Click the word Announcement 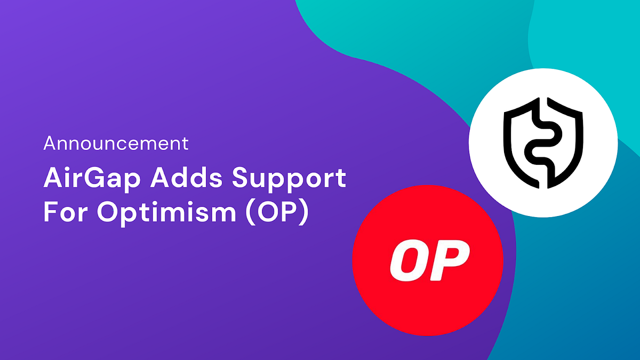tap(116, 143)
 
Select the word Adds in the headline tap(170, 179)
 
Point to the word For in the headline tap(63, 212)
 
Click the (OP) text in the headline tap(278, 213)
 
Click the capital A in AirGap tap(52, 179)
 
